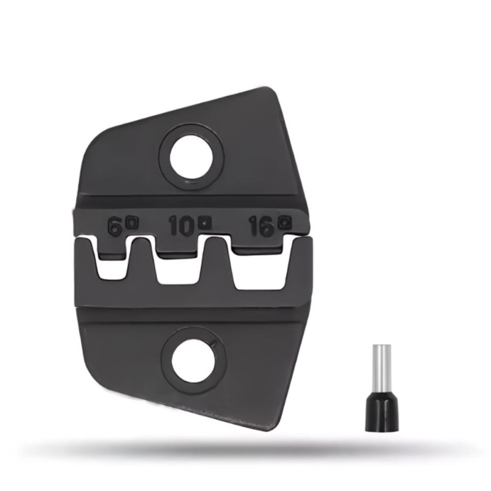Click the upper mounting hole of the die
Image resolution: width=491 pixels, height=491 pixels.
(191, 157)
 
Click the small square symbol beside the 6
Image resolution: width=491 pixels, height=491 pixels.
(133, 223)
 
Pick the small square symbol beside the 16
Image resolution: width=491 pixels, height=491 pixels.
(285, 222)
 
